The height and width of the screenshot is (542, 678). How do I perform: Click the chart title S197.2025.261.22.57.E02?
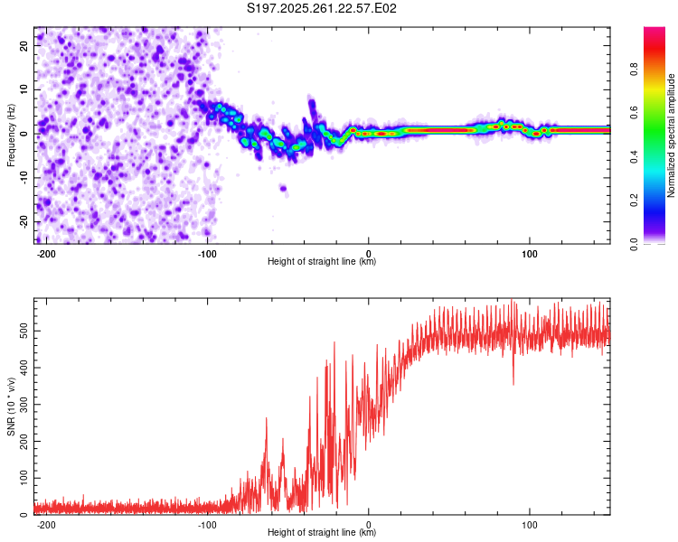coord(323,8)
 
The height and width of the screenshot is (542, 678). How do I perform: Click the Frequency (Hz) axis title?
coord(11,135)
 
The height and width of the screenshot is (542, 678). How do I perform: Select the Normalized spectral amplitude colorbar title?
coord(671,135)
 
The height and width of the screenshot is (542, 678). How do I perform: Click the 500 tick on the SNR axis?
coord(22,332)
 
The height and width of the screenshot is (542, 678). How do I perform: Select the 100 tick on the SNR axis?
coord(22,478)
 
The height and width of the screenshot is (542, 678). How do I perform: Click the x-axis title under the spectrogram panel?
coord(322,262)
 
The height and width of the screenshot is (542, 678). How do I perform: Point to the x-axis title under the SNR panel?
coord(322,533)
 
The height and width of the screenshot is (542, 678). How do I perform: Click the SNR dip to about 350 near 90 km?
coord(513,383)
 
